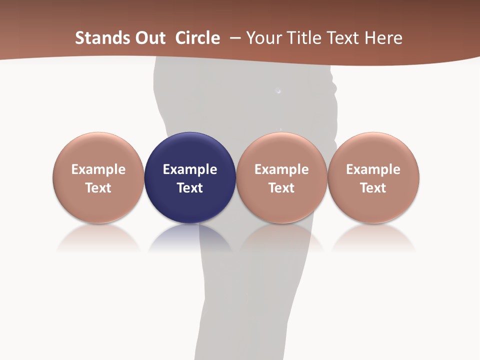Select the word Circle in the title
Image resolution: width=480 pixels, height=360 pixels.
pyautogui.click(x=197, y=38)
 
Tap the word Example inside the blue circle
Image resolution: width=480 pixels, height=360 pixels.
pyautogui.click(x=190, y=169)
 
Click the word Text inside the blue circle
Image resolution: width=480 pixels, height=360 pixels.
pyautogui.click(x=190, y=188)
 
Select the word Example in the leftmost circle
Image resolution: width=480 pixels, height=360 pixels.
pyautogui.click(x=98, y=169)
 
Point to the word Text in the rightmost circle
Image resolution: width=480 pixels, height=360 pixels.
pyautogui.click(x=373, y=188)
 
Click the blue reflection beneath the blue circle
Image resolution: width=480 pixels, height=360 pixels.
pyautogui.click(x=190, y=237)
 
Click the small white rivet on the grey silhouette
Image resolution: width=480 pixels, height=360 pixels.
pyautogui.click(x=278, y=91)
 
